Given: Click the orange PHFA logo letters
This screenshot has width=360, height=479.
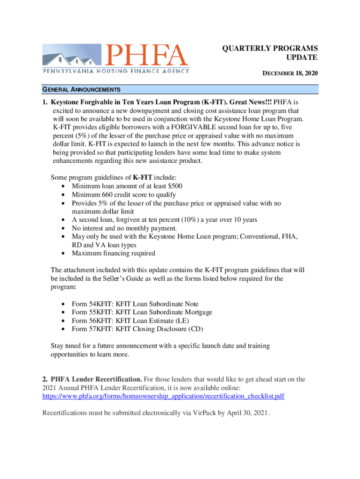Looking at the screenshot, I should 146,55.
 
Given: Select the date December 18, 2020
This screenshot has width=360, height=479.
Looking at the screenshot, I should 289,73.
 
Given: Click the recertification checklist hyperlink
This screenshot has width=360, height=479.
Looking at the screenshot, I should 163,396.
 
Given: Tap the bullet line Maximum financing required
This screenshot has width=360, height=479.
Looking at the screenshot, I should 113,253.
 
